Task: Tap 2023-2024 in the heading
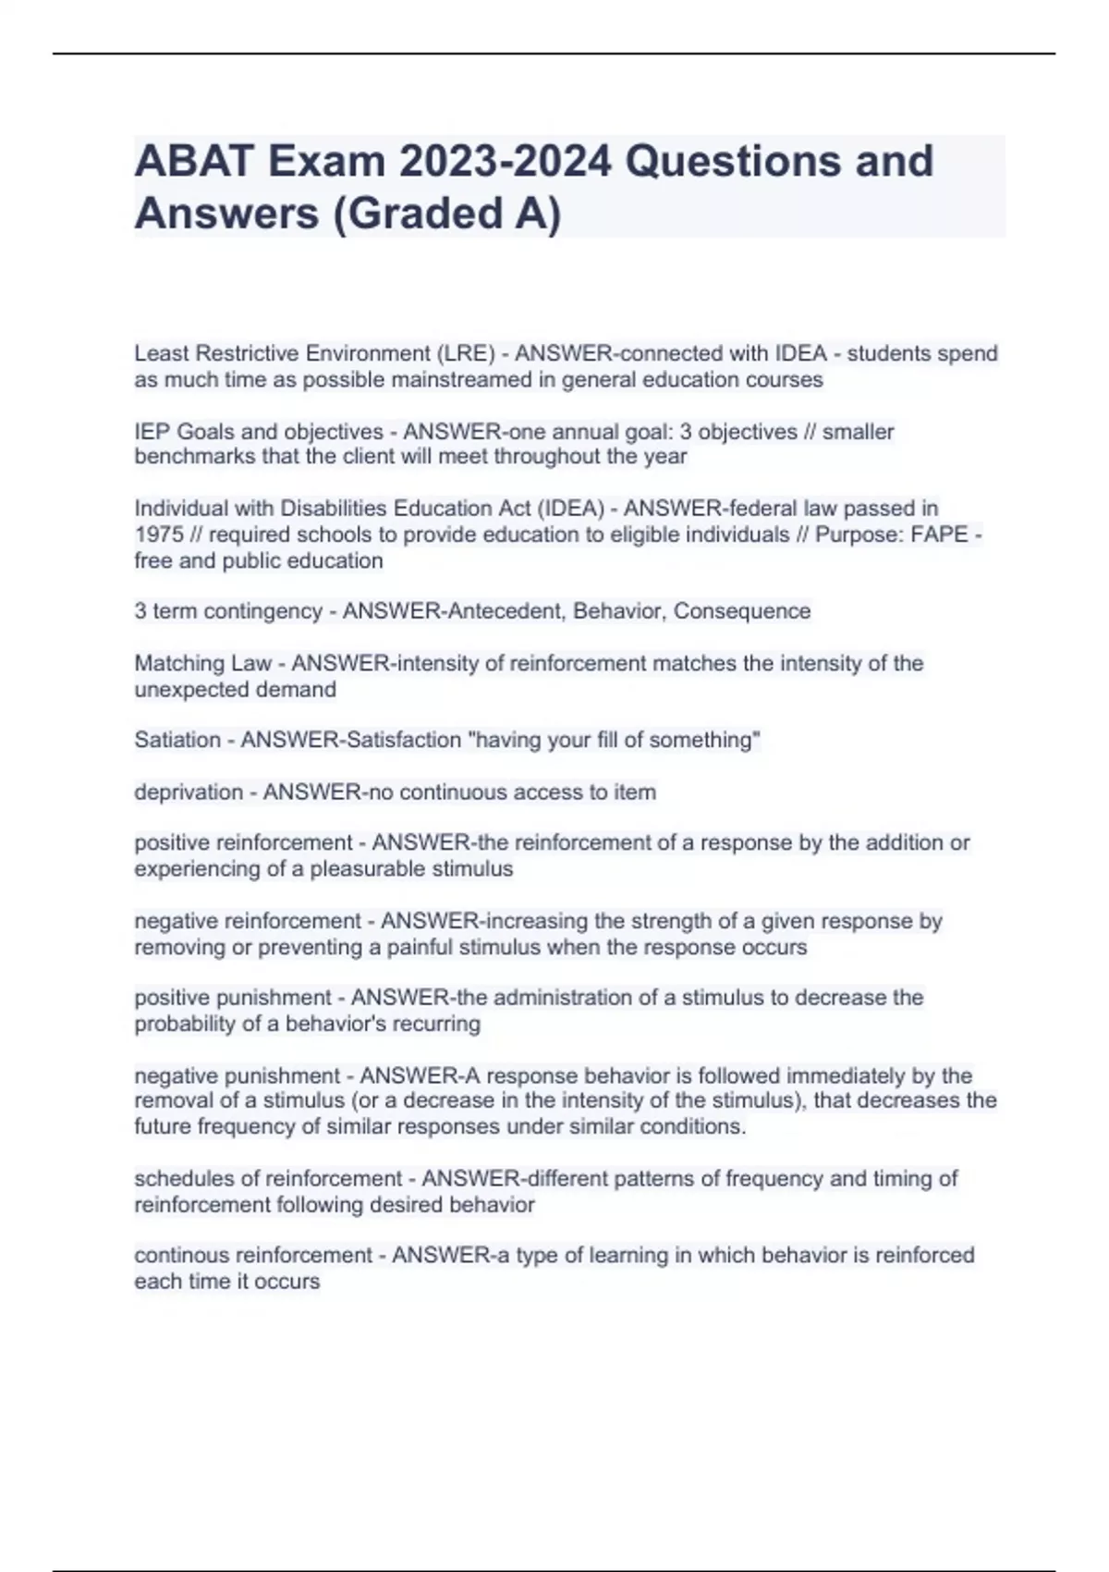pyautogui.click(x=505, y=161)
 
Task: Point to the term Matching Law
pyautogui.click(x=203, y=663)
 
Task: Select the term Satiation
pyautogui.click(x=177, y=740)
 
